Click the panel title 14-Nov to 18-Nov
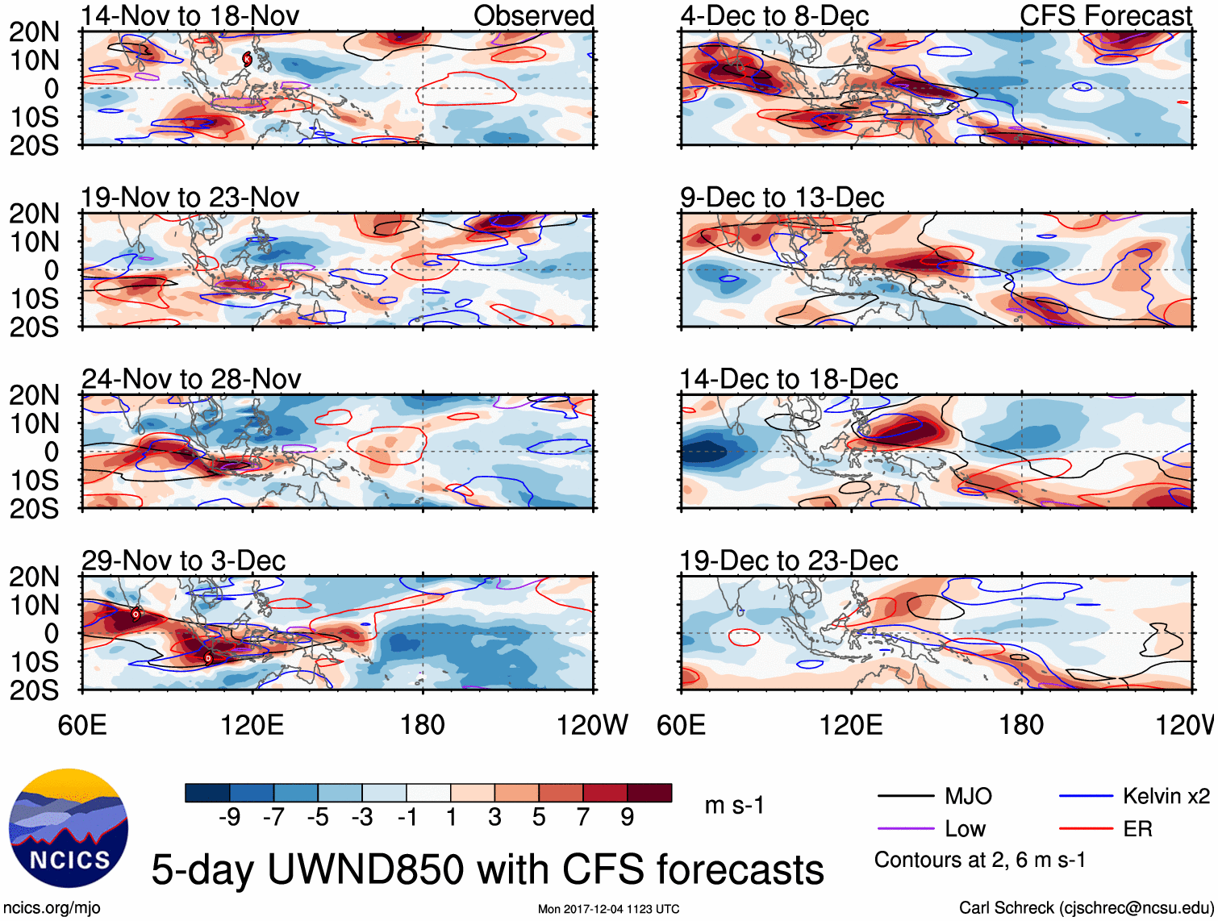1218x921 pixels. point(190,15)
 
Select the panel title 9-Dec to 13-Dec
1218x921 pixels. point(782,198)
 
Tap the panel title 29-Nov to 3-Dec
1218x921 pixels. point(184,561)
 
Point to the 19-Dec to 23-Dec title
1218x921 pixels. point(788,561)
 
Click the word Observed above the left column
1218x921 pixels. point(533,15)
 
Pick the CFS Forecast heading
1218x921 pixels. point(1105,15)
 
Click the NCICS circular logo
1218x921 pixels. point(69,828)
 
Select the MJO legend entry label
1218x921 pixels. point(968,797)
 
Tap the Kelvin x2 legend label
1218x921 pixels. point(1166,797)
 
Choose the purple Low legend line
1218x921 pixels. point(905,829)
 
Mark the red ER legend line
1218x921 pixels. point(1085,829)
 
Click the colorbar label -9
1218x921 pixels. point(230,818)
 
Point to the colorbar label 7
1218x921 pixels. point(583,818)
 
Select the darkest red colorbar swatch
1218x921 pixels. point(649,793)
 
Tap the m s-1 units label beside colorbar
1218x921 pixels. point(734,806)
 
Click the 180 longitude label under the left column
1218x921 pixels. point(423,725)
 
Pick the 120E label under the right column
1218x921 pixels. point(851,725)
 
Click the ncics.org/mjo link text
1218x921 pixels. point(52,908)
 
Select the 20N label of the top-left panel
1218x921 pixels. point(34,32)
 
